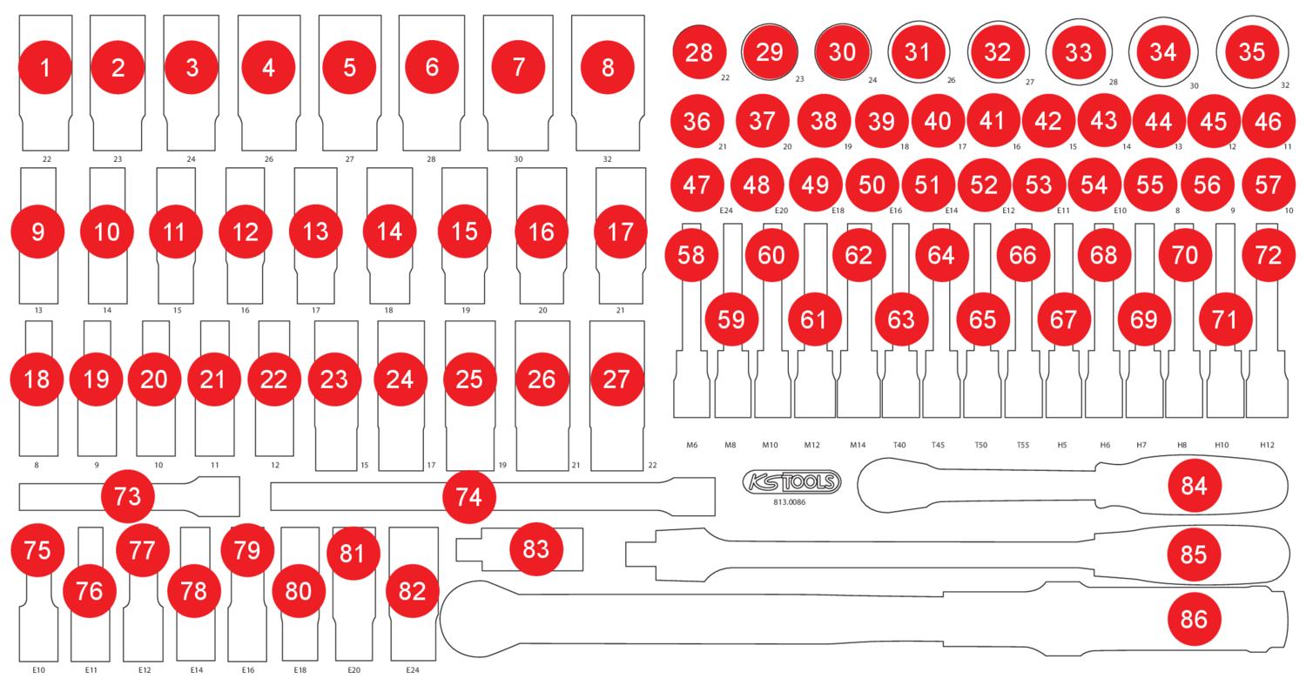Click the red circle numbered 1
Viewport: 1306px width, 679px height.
(x=45, y=67)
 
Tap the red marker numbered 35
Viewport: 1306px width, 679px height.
(x=1251, y=52)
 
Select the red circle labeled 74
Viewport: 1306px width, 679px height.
(x=468, y=497)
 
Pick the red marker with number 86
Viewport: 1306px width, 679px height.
(x=1194, y=619)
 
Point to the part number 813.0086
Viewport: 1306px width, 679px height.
(x=789, y=502)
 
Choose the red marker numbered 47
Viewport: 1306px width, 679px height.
(x=697, y=185)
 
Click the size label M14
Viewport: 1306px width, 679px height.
(x=858, y=445)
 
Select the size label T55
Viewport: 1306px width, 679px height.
(x=1023, y=445)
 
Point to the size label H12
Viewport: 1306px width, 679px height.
(x=1267, y=445)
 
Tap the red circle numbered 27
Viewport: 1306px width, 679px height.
(x=616, y=380)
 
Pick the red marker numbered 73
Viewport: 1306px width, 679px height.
(x=128, y=497)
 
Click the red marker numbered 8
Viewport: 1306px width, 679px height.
(x=608, y=67)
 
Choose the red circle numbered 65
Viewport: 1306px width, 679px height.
(x=982, y=319)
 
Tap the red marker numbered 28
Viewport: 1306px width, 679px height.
(x=699, y=52)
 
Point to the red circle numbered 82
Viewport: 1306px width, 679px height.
(x=412, y=592)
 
